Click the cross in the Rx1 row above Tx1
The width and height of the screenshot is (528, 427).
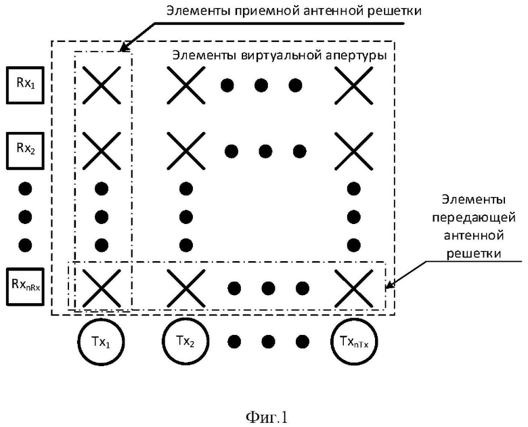click(102, 85)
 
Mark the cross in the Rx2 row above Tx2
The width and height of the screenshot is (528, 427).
click(186, 150)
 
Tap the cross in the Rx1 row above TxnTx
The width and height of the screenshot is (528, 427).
click(353, 85)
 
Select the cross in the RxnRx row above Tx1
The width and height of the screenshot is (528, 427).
click(102, 288)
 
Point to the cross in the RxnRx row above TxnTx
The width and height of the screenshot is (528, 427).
click(353, 288)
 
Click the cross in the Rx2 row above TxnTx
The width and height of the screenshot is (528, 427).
click(353, 150)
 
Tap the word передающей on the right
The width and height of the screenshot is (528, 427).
click(474, 218)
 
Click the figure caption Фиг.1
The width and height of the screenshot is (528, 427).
click(267, 418)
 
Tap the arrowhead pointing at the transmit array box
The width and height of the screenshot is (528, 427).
click(389, 285)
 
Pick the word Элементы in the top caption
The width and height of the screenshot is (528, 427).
click(194, 11)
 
